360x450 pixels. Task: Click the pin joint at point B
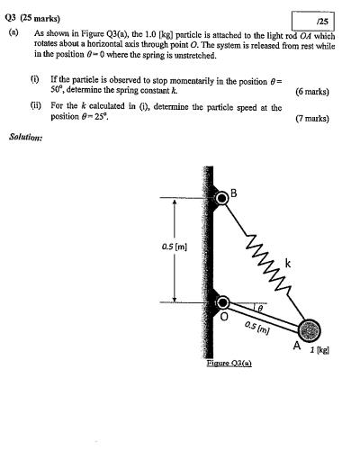pos(221,198)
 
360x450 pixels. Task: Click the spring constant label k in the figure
pos(288,262)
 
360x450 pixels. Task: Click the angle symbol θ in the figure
pos(258,307)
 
